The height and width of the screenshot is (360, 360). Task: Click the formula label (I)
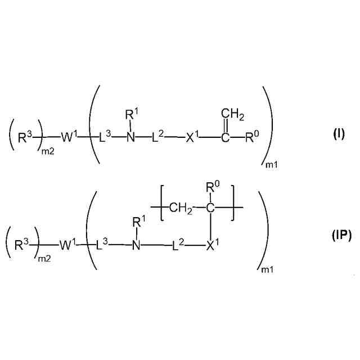(x=339, y=135)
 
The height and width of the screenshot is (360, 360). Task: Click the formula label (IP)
(x=341, y=236)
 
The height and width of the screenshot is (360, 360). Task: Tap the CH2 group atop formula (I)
(x=232, y=116)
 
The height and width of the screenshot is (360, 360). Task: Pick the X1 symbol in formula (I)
(x=194, y=137)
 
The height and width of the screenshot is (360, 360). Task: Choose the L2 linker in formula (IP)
(x=177, y=245)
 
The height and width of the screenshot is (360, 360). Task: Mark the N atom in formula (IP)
(x=137, y=245)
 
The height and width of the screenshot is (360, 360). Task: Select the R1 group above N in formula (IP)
(x=138, y=224)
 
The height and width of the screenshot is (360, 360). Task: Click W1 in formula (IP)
(x=67, y=245)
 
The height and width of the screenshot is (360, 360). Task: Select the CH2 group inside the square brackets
(x=180, y=209)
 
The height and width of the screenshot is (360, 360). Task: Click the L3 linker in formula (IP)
(x=104, y=245)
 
